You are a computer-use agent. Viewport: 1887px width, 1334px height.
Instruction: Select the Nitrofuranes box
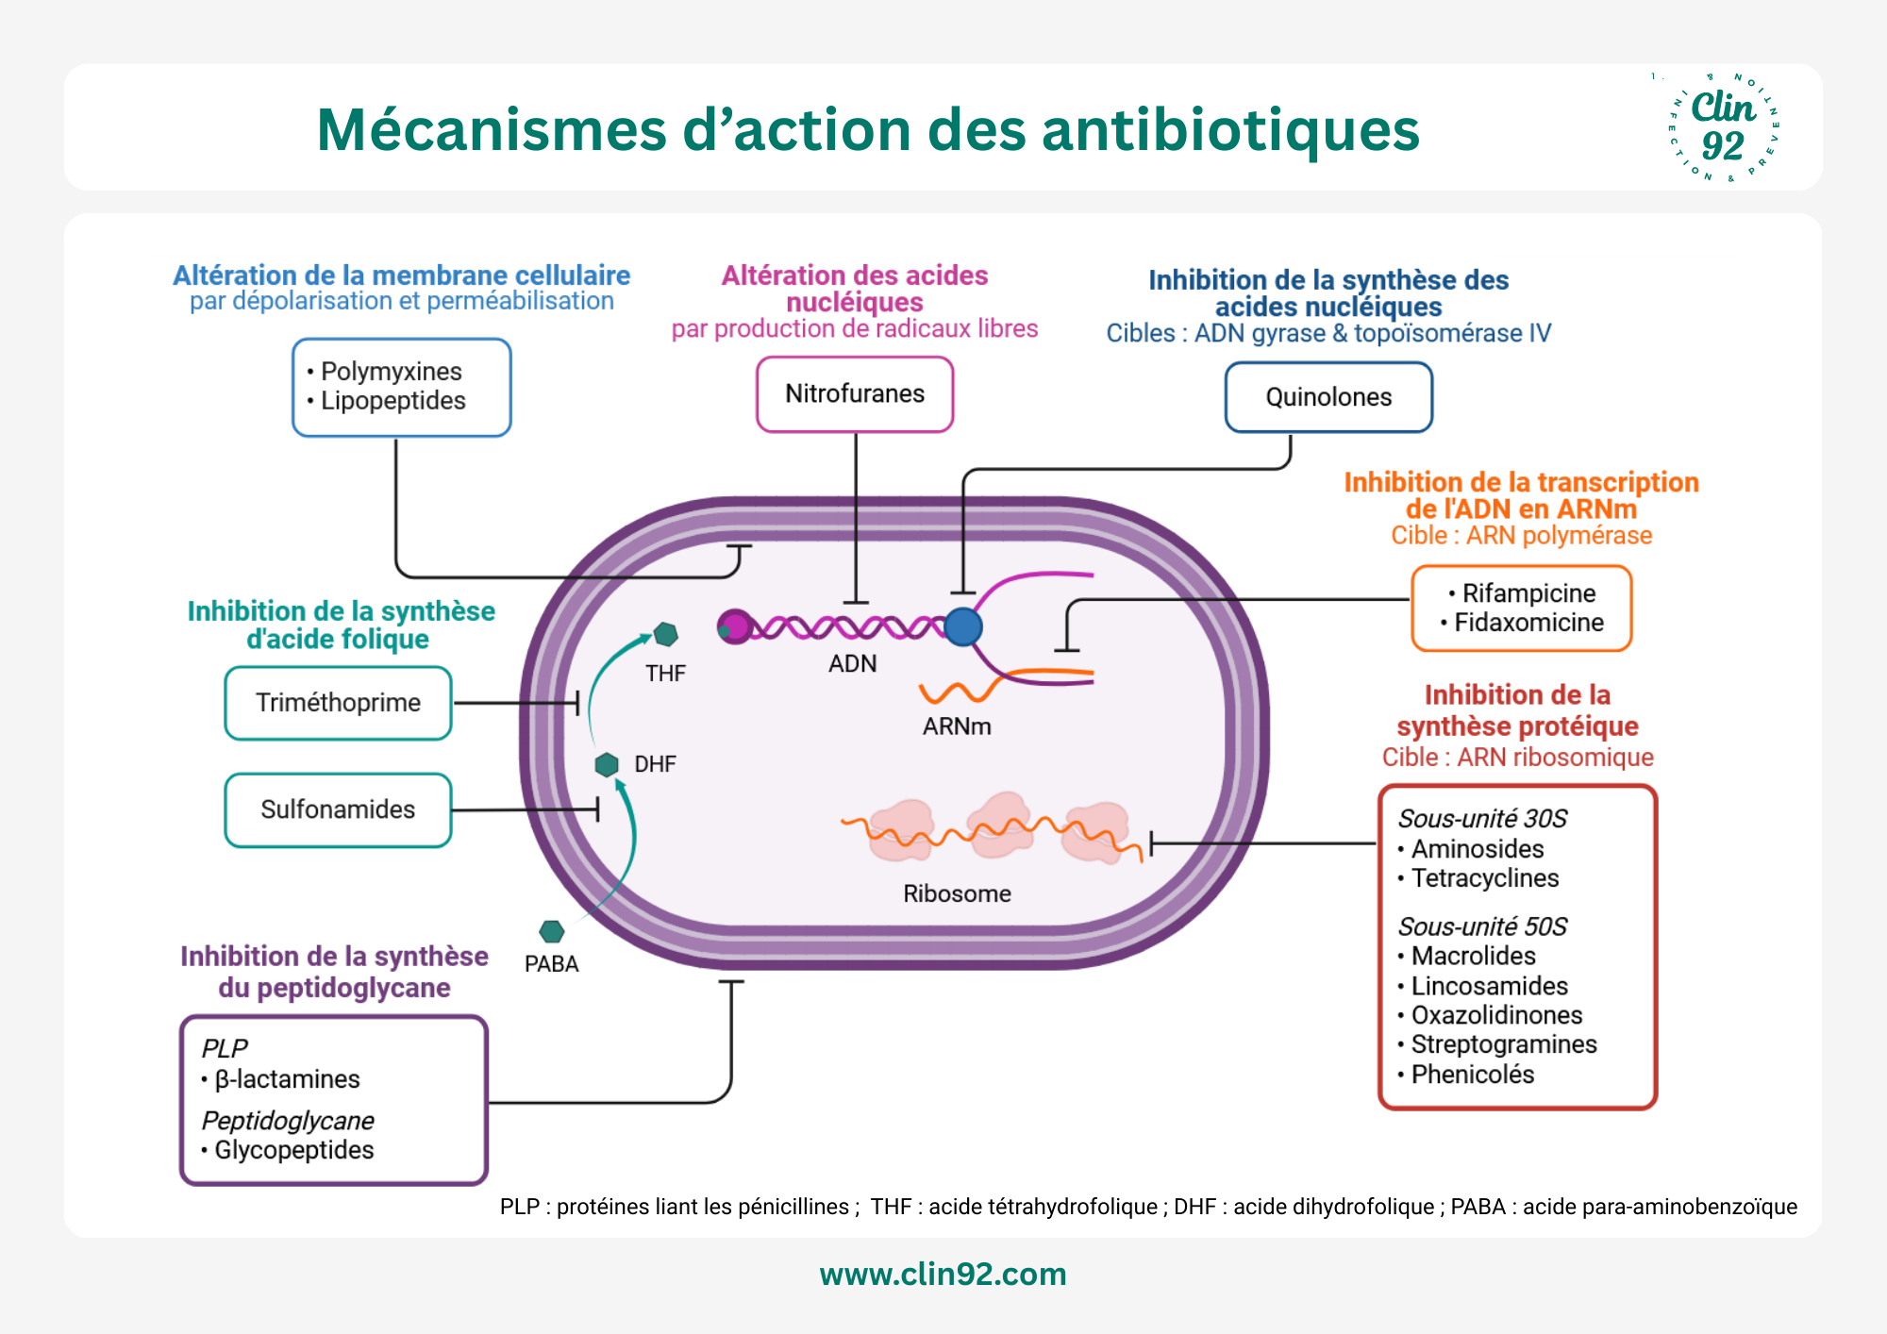(855, 394)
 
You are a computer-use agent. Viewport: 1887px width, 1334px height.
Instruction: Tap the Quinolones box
(1328, 397)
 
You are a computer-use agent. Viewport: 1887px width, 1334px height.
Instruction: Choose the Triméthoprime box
(338, 703)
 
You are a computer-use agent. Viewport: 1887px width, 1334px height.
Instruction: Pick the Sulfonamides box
(338, 809)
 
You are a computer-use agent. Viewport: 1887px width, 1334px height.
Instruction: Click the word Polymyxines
(391, 372)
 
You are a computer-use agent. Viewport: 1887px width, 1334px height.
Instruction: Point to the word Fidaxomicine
(1528, 623)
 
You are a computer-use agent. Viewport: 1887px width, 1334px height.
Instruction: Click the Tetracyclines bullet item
(1478, 878)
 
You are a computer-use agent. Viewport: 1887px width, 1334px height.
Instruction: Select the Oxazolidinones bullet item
(1490, 1015)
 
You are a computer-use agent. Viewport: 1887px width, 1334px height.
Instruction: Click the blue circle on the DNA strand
(963, 626)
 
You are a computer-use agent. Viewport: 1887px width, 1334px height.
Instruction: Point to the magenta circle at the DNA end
(734, 626)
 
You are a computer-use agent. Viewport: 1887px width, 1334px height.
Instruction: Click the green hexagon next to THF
(666, 634)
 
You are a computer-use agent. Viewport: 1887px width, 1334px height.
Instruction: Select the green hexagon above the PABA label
(551, 932)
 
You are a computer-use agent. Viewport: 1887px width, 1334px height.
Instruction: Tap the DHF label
(655, 764)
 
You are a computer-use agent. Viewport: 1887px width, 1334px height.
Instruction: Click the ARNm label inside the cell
(957, 726)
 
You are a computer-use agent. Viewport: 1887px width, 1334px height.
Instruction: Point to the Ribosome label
(957, 893)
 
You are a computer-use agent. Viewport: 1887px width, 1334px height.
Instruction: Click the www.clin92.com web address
(943, 1274)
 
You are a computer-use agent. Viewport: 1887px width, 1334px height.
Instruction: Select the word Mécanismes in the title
(492, 129)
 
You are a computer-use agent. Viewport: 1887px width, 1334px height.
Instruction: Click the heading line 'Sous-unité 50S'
(1482, 926)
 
